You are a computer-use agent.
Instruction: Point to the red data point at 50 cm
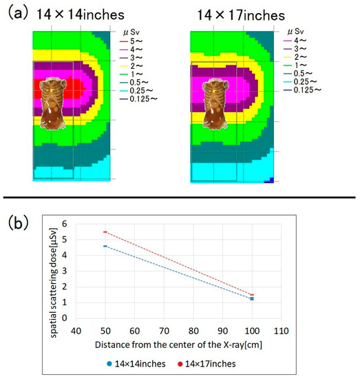pos(105,232)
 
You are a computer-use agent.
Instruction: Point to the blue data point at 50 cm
pos(105,246)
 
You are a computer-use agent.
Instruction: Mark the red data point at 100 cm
pos(271,295)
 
